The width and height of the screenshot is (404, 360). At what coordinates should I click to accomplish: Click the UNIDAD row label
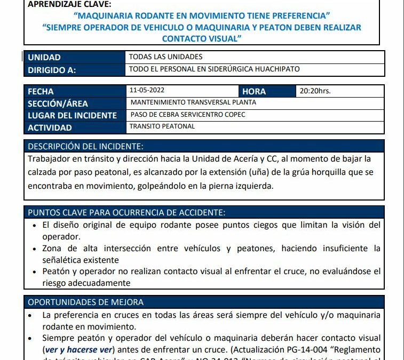44,57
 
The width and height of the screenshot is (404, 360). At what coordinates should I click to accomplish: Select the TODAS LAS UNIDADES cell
166,57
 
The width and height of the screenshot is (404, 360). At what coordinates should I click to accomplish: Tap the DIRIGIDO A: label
52,69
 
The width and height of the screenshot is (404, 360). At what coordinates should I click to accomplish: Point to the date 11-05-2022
146,91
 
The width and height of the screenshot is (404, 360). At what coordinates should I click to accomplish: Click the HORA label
254,91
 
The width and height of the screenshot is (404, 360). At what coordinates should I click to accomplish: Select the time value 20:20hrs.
315,91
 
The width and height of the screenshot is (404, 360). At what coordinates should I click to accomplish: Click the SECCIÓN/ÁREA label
58,103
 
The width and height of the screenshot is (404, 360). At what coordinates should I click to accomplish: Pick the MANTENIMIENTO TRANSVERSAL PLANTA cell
193,102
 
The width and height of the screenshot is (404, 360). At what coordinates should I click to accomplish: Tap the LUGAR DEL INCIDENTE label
72,115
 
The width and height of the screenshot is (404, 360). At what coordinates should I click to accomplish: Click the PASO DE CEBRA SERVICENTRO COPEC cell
188,115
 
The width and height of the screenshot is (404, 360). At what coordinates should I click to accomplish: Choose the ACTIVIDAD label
50,127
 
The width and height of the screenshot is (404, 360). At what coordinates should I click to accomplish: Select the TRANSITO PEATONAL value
162,126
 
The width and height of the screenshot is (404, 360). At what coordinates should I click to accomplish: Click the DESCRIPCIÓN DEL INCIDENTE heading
85,146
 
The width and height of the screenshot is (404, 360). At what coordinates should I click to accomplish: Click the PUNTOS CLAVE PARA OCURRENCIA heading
126,212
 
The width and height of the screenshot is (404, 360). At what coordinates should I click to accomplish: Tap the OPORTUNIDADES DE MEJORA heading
85,302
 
